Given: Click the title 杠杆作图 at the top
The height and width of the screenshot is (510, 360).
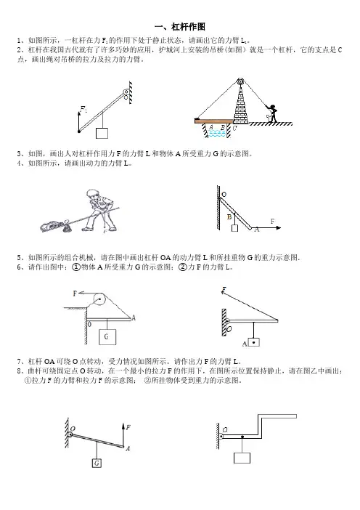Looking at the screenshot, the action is coord(188,27).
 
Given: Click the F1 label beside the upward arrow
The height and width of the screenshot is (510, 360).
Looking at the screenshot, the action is coord(83,109).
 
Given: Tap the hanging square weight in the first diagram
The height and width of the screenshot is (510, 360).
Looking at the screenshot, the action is coord(102,133).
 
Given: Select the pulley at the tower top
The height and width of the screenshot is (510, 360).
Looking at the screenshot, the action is coord(240,81).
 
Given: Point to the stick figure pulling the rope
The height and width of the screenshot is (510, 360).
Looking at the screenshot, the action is coord(272,114).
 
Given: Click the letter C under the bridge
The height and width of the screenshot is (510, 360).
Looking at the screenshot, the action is coord(234,128).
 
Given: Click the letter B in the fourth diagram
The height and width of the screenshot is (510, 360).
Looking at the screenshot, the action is coord(229,217).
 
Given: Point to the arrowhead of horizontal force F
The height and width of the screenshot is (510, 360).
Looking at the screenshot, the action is coord(279,227).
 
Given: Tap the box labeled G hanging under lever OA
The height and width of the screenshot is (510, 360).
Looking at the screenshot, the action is coord(107,337).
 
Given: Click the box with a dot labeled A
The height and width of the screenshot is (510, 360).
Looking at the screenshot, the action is coord(254,342).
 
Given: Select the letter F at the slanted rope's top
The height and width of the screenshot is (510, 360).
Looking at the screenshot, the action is coord(224,289).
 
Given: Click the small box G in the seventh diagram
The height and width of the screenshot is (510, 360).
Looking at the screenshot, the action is coord(97,463).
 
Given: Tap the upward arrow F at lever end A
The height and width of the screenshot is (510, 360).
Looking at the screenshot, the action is coord(123,434).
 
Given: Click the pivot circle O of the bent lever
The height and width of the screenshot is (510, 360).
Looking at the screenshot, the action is coord(221,437).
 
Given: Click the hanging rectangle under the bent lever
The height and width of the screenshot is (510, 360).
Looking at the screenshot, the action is coord(242,458).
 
